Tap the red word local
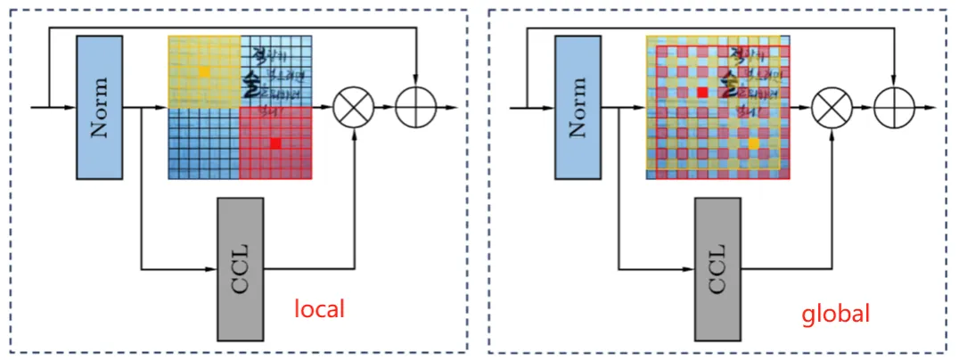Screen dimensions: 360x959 click(x=319, y=309)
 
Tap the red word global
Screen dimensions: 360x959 click(x=834, y=314)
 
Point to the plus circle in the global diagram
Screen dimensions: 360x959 click(x=894, y=108)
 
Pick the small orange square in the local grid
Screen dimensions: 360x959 click(x=204, y=70)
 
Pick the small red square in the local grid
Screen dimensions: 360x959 click(x=275, y=143)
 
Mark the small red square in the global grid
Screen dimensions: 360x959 click(x=702, y=92)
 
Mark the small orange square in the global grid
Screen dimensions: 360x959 click(x=754, y=143)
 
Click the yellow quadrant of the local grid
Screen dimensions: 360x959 click(x=204, y=71)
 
